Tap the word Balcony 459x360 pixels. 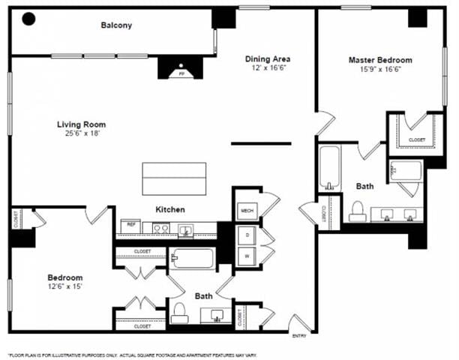coord(116,25)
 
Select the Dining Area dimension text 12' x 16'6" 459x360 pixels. coord(268,68)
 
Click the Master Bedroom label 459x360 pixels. coord(379,60)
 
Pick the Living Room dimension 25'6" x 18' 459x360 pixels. coord(81,133)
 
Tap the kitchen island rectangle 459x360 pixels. coord(174,178)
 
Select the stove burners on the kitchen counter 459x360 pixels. coord(159,226)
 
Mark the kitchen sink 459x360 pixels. coord(184,228)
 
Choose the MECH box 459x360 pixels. coord(245,211)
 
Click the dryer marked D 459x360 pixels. coord(246,235)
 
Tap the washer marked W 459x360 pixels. coord(246,256)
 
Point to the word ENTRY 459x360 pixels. coord(299,335)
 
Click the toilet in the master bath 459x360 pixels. coord(358,209)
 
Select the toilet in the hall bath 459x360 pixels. coord(179,312)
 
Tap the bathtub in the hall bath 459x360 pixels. coord(192,259)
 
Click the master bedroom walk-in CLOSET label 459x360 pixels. coord(417,139)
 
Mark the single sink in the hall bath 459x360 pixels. coord(218,313)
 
